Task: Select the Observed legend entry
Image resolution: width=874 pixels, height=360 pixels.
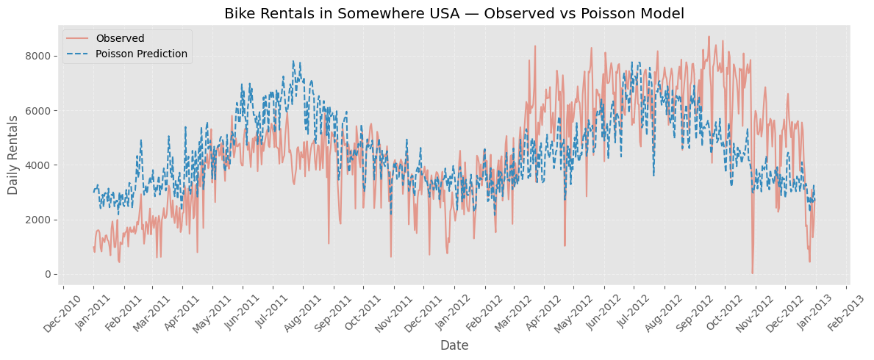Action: (x=120, y=38)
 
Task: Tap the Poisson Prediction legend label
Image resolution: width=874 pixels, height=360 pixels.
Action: (x=141, y=54)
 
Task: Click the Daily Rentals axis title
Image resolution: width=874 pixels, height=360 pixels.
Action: (x=13, y=155)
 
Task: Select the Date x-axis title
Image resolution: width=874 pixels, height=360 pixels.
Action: (x=454, y=345)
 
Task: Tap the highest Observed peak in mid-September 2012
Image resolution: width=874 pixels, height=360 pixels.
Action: (x=709, y=37)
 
